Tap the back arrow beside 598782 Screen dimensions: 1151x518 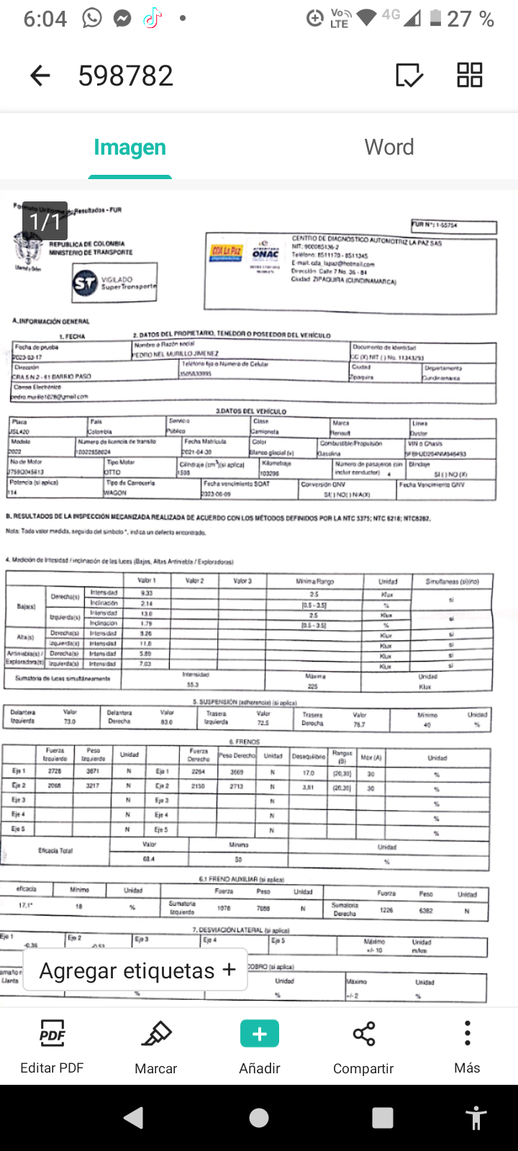(x=40, y=75)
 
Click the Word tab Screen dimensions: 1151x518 (x=389, y=147)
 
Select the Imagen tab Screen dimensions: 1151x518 (x=129, y=147)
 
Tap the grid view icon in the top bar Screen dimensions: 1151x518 (x=470, y=75)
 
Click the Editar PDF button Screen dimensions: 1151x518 (x=52, y=1046)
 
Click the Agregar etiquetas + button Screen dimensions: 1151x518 (x=137, y=970)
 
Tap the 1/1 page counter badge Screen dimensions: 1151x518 (x=45, y=221)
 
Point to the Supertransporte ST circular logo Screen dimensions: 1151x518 (x=85, y=283)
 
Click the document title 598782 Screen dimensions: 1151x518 (x=126, y=75)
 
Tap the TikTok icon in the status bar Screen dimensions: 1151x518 (x=152, y=19)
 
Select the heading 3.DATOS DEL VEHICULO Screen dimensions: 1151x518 (x=251, y=411)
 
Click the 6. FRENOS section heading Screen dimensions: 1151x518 (x=245, y=741)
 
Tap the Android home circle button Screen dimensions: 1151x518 (x=259, y=1118)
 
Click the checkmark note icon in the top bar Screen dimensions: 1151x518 (x=409, y=75)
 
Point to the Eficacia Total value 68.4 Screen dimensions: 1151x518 (x=149, y=859)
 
